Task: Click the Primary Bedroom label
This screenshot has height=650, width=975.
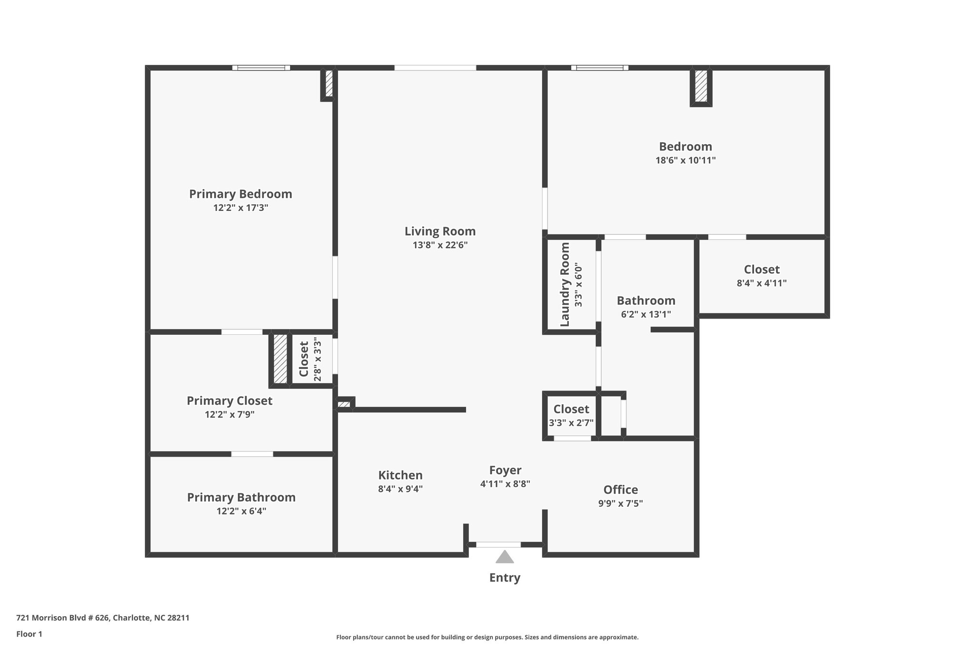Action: coord(240,194)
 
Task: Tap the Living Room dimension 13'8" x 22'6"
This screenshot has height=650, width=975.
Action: coord(440,245)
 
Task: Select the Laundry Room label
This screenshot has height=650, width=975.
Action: coord(565,285)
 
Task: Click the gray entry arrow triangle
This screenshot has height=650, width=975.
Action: coord(505,557)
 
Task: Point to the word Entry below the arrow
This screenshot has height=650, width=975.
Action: coord(505,578)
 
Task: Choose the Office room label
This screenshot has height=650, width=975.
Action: coord(620,490)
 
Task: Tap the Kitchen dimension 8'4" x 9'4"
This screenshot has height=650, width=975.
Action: coord(400,489)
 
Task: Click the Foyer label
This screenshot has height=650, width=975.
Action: coord(505,470)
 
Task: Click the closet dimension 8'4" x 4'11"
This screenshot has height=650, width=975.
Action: coord(761,283)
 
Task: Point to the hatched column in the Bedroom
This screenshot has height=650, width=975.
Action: coord(701,86)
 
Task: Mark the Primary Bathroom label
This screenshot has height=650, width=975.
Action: coord(241,497)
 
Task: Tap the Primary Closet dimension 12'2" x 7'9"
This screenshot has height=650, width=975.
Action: coord(229,414)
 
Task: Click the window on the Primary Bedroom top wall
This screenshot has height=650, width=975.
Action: coord(261,68)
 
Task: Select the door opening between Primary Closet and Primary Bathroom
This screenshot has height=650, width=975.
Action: coord(252,454)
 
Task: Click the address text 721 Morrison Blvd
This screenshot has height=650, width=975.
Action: coord(102,618)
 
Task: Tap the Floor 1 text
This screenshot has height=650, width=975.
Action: coord(29,634)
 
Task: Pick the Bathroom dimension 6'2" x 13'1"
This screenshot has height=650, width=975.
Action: coord(646,314)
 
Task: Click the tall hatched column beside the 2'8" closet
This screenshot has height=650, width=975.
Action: coord(280,359)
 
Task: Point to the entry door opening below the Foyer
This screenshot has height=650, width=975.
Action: coord(498,544)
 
